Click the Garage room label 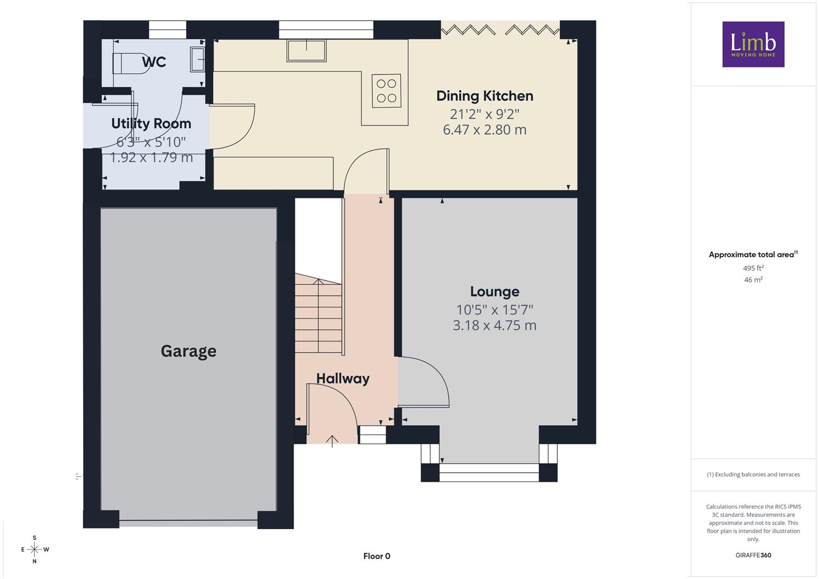189,351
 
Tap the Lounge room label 495,291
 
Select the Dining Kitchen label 485,96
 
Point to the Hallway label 343,378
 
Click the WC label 154,62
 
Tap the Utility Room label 151,123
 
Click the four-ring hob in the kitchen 387,91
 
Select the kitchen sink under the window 306,50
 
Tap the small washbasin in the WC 197,59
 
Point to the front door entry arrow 332,442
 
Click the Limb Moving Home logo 753,44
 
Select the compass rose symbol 35,550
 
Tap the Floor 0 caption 377,556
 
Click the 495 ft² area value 753,268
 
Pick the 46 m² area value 753,280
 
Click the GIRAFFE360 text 753,555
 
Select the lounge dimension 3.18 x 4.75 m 495,325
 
